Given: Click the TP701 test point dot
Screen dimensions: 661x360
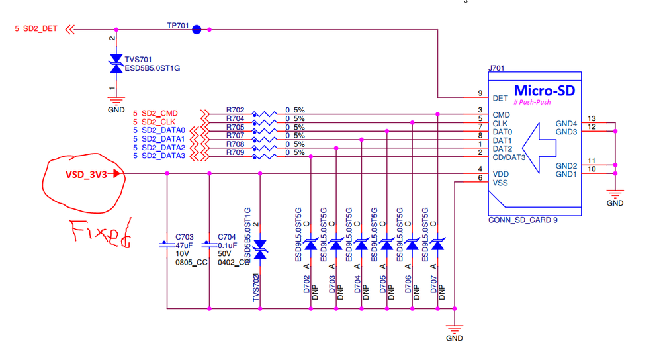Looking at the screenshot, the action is coord(197,30).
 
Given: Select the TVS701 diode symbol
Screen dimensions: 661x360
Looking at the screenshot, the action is coord(116,64).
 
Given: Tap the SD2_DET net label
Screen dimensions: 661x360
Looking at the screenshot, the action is coord(40,28).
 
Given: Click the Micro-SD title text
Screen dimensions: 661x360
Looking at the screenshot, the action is coord(545,91).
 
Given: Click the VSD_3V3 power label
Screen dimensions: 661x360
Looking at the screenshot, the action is coord(86,175).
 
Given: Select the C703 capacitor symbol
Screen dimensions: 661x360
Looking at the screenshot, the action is coord(167,244).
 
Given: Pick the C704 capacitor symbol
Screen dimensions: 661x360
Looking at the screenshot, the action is coord(209,244).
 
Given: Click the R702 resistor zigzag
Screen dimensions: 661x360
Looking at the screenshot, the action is coord(264,114).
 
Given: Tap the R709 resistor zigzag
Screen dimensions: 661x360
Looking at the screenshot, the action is coord(264,156).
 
